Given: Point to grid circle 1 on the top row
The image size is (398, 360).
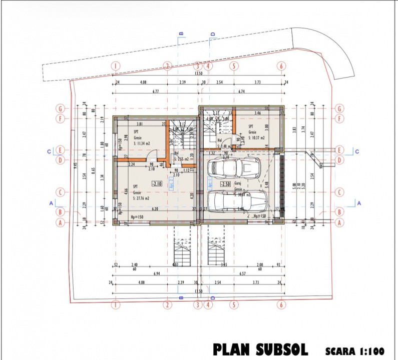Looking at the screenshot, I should click(116, 65).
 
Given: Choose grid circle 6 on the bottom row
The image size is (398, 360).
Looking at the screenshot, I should click(282, 304).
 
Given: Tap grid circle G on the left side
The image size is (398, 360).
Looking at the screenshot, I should click(61, 108).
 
